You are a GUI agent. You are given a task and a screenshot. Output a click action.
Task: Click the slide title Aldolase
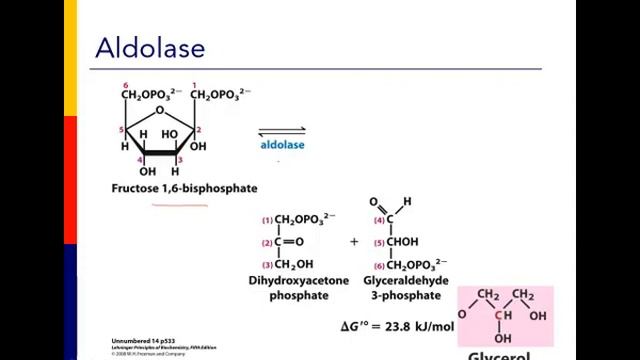click(x=149, y=47)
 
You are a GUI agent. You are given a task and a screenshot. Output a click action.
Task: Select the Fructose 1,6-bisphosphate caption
click(x=184, y=188)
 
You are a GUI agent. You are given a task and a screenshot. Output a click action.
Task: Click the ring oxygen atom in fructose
click(x=159, y=110)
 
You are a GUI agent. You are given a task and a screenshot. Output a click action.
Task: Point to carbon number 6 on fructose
click(x=125, y=84)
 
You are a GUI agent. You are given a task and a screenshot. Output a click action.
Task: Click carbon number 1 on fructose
click(x=194, y=84)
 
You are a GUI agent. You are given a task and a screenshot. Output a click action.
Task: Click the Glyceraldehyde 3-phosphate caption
click(x=398, y=289)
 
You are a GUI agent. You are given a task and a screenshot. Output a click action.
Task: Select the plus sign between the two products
click(x=354, y=241)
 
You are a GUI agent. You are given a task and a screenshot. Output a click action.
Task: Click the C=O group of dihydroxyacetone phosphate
click(x=289, y=242)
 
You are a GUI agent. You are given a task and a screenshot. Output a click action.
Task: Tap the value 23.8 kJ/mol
click(x=430, y=326)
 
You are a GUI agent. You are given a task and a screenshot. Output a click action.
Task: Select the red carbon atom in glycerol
click(x=497, y=316)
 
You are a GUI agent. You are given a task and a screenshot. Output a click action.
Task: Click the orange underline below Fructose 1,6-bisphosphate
click(x=179, y=204)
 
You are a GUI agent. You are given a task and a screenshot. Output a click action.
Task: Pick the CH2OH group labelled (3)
click(x=292, y=265)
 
